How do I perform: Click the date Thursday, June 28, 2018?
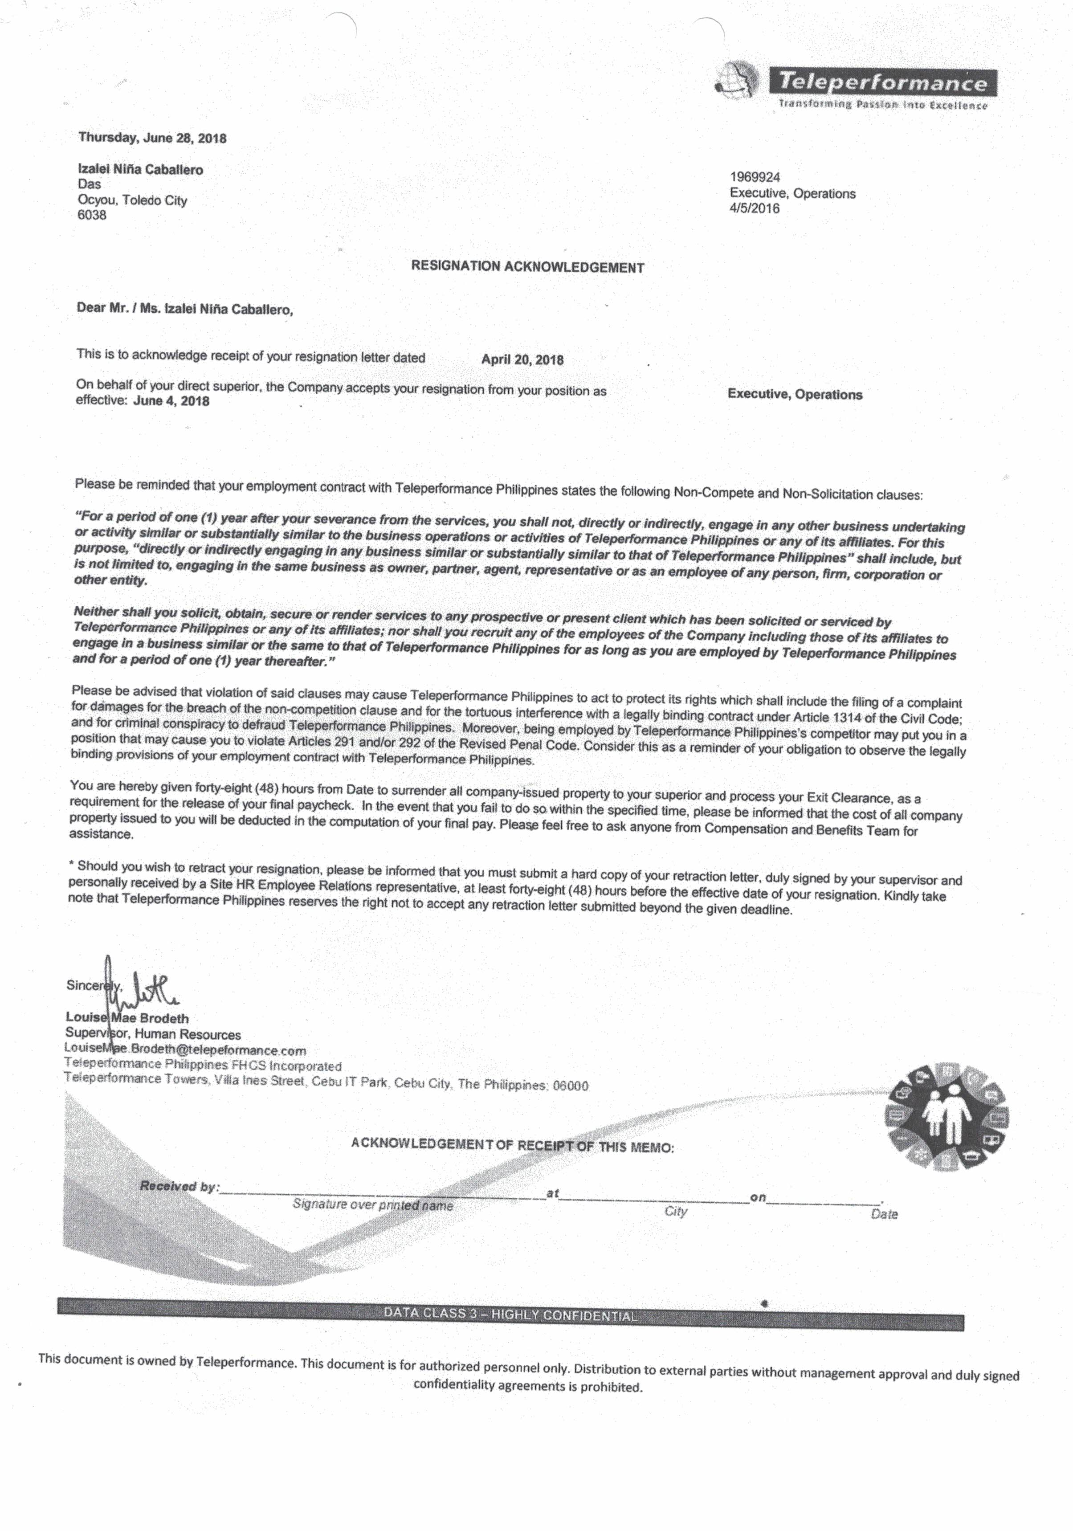[x=153, y=138]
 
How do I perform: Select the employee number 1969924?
[x=755, y=177]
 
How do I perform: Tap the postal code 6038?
[x=92, y=215]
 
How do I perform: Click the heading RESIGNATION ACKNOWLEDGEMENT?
[x=527, y=267]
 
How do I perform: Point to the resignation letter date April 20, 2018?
[x=522, y=359]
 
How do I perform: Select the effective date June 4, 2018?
[x=171, y=401]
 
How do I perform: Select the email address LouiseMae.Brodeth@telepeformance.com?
[x=185, y=1049]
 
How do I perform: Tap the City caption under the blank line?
[x=676, y=1211]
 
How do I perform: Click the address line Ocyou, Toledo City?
[x=133, y=200]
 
